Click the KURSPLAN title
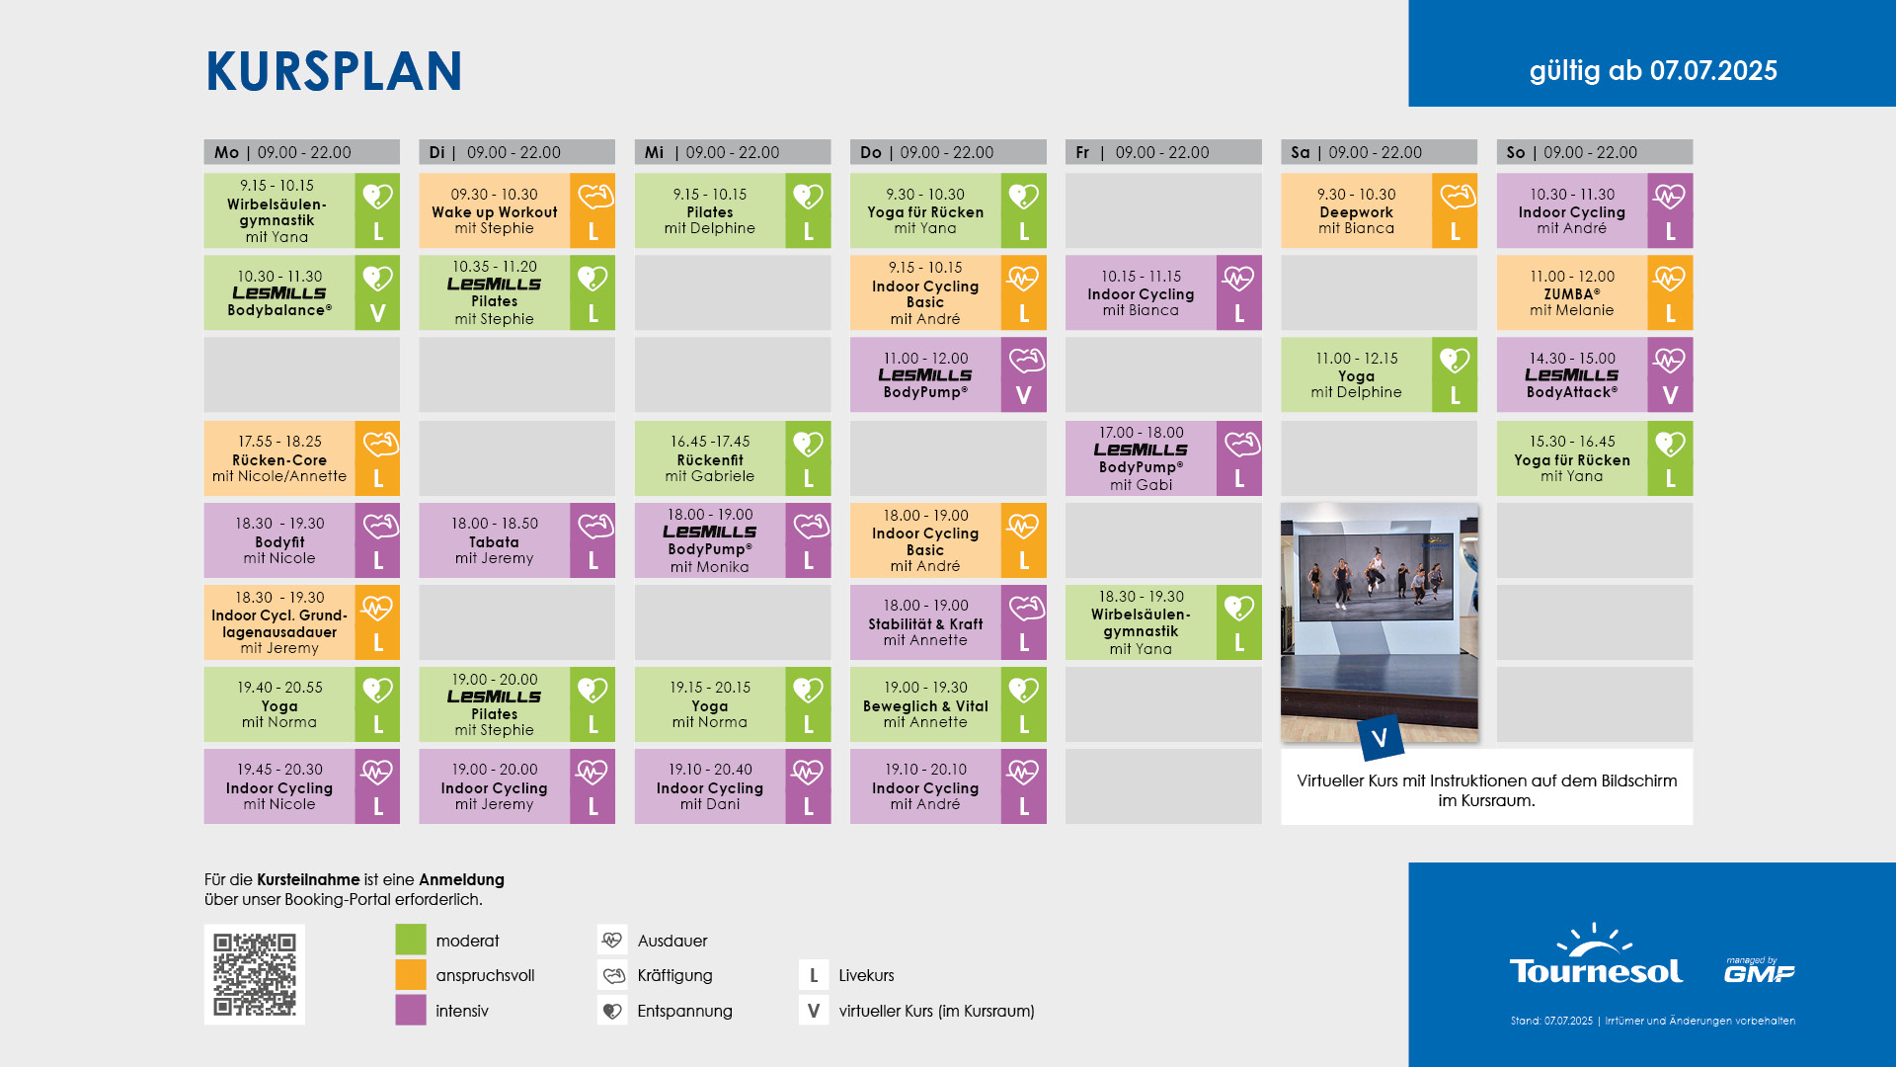coord(334,71)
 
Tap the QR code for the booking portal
coord(255,974)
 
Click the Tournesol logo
coord(1596,956)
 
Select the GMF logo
coord(1760,970)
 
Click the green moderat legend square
coord(411,940)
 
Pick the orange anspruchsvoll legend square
coord(411,975)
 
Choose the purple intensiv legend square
coord(411,1011)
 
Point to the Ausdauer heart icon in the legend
coord(612,940)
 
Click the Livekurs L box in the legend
coord(814,975)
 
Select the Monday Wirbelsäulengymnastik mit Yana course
coord(301,210)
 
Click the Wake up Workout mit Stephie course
coord(516,210)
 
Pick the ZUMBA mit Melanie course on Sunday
coord(1595,292)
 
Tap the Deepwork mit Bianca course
coord(1379,210)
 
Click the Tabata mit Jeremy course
coord(516,540)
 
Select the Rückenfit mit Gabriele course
coord(733,458)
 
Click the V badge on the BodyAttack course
coord(1670,395)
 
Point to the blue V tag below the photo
coord(1381,737)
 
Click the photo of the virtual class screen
coord(1380,622)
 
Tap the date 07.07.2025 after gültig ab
coord(1713,71)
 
